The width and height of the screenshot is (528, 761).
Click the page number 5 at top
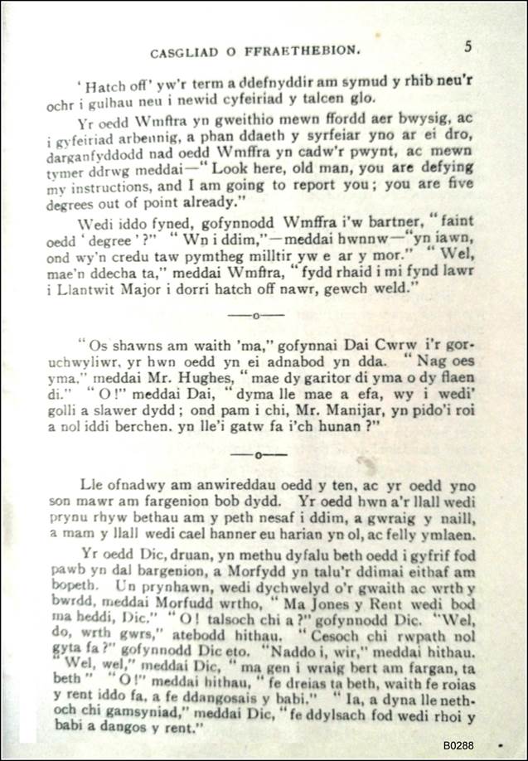[468, 47]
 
